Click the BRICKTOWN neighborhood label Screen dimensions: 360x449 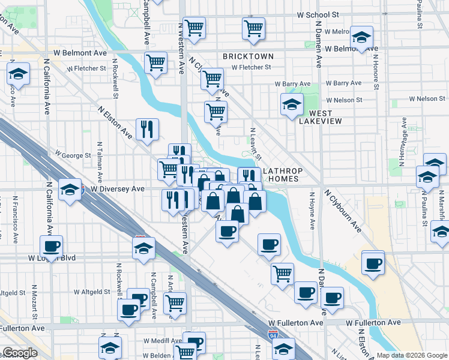click(x=248, y=56)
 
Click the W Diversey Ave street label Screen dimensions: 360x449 click(x=118, y=188)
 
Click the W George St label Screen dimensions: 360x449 click(x=73, y=155)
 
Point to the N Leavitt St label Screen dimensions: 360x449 click(x=255, y=143)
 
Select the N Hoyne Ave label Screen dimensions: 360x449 click(x=312, y=210)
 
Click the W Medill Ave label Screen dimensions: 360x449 click(x=160, y=341)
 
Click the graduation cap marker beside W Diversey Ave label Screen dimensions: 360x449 click(x=70, y=190)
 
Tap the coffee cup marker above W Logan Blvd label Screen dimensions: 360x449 click(x=51, y=245)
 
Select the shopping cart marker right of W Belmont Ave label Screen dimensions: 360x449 click(x=155, y=62)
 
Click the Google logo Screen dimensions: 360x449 click(x=20, y=353)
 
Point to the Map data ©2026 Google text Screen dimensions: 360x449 click(x=411, y=355)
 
